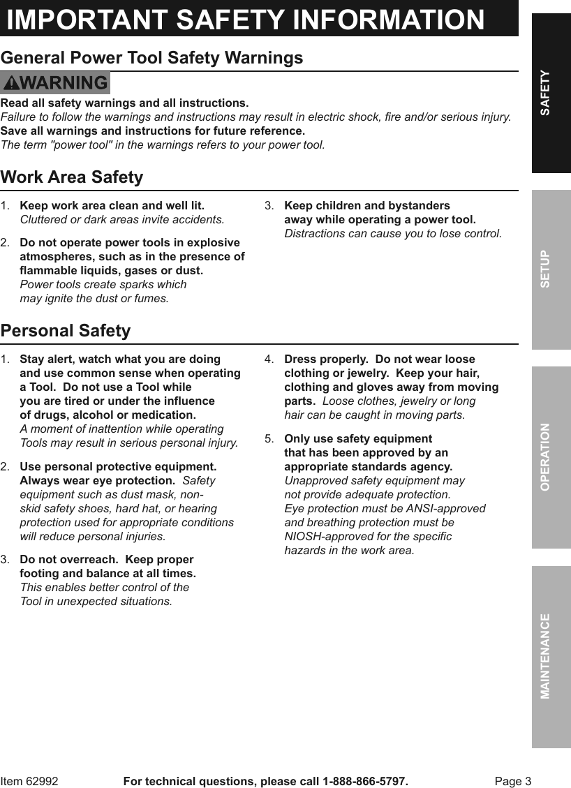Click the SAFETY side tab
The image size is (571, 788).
[551, 93]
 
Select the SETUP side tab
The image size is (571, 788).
[551, 269]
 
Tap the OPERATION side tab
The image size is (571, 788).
[551, 456]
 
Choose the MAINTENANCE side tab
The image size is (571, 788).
[551, 656]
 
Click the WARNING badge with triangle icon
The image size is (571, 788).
[55, 83]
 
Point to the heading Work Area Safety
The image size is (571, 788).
[72, 177]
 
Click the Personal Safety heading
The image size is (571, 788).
[66, 331]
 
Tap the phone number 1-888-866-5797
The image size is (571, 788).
[364, 781]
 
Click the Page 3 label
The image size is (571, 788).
[513, 781]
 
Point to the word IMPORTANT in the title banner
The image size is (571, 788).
[87, 20]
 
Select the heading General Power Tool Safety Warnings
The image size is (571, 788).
[152, 58]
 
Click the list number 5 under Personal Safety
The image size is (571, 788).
[269, 439]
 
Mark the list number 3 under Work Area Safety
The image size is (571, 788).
[269, 206]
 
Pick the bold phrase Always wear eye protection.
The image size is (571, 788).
[97, 481]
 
